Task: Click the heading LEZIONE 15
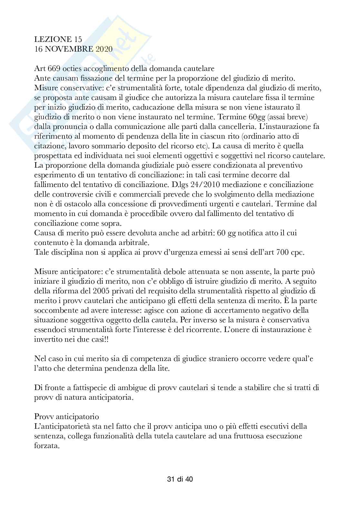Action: coord(58,39)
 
